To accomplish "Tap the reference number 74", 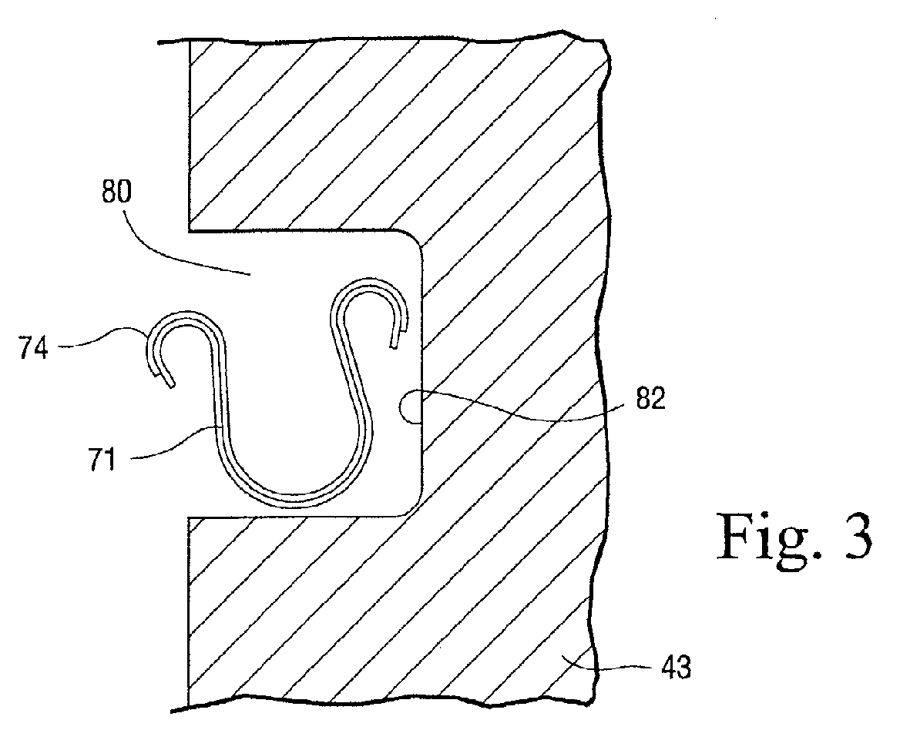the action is point(32,347).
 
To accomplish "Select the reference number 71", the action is point(102,460).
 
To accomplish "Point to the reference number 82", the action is point(650,397).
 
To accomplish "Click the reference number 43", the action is point(676,667).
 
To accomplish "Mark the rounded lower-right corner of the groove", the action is point(411,505).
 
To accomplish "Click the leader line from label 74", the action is point(103,339).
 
